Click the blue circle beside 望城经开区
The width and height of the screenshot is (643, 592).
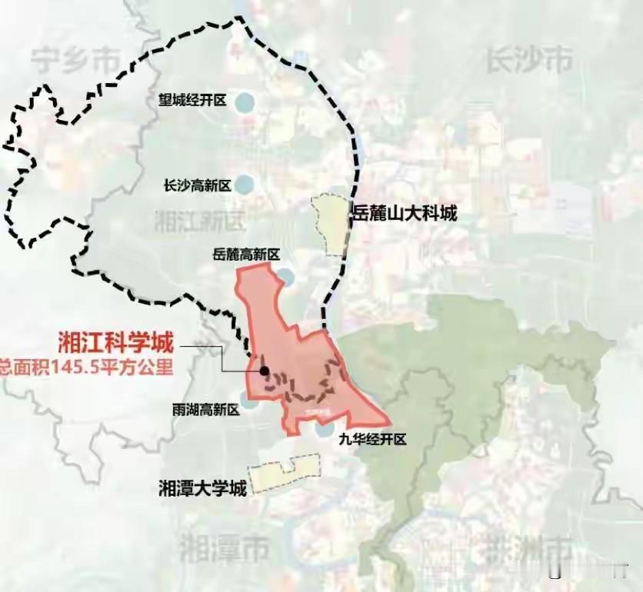[x=244, y=101]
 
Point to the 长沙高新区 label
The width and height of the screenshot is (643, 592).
[x=197, y=185]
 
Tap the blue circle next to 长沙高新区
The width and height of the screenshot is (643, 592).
[x=244, y=185]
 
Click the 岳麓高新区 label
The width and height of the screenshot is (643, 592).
[x=245, y=254]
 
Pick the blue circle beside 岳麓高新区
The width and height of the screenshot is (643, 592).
[x=285, y=275]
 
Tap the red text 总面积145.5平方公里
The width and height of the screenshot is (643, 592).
[x=86, y=367]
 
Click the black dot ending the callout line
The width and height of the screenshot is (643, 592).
[x=264, y=371]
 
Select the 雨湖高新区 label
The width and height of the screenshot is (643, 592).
[x=206, y=410]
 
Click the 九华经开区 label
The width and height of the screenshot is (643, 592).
[x=371, y=441]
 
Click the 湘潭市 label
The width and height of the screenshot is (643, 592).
[x=224, y=550]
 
